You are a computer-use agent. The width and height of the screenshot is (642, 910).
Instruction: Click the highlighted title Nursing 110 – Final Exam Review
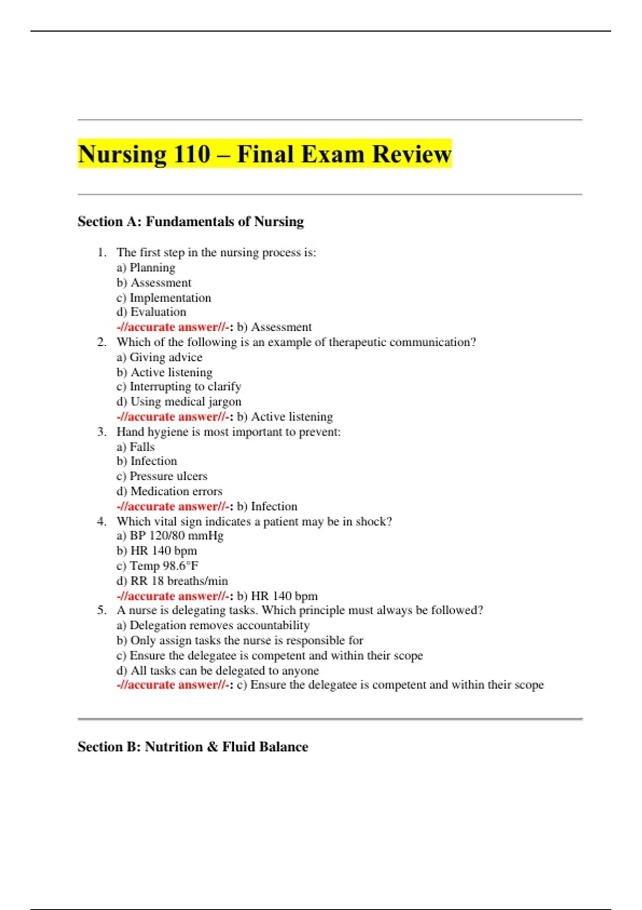(x=264, y=154)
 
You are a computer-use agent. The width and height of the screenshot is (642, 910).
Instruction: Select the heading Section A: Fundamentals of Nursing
(x=190, y=222)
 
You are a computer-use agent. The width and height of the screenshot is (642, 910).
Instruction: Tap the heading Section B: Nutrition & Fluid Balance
(x=193, y=747)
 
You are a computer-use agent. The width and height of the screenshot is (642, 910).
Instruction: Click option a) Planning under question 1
(x=146, y=268)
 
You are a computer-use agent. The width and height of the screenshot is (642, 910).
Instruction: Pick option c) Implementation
(x=164, y=298)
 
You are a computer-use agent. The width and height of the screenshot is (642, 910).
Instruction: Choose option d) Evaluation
(x=151, y=312)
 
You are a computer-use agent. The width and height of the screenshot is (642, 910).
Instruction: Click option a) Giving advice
(x=159, y=357)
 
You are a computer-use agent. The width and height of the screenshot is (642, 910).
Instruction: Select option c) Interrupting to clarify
(x=179, y=386)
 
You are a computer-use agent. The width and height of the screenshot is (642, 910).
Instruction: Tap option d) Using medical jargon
(x=179, y=401)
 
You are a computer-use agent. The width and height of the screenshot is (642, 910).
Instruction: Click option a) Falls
(x=135, y=446)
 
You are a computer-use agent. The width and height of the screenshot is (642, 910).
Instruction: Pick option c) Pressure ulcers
(x=162, y=476)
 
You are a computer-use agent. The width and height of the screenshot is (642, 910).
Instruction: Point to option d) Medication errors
(x=169, y=491)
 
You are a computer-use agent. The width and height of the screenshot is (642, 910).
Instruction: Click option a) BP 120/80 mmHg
(x=170, y=536)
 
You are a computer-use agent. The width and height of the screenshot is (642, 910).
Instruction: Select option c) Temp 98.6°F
(x=157, y=566)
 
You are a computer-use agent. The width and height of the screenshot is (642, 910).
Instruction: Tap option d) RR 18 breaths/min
(x=172, y=581)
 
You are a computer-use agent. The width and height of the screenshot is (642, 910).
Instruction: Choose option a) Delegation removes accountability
(x=213, y=625)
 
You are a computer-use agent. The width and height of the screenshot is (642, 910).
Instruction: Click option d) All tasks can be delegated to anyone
(x=217, y=670)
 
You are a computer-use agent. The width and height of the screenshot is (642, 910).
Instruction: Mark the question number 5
(x=102, y=610)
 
